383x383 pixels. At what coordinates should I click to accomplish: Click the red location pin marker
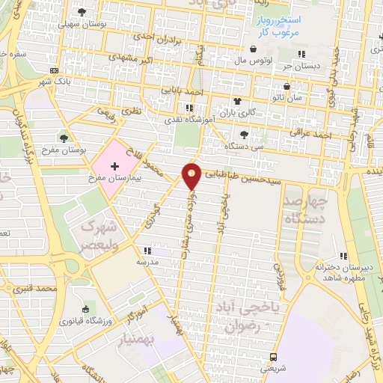pyautogui.click(x=191, y=175)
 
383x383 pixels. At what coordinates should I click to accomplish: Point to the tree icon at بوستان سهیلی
pyautogui.click(x=82, y=11)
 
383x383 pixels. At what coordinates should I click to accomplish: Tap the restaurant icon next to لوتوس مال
pyautogui.click(x=301, y=53)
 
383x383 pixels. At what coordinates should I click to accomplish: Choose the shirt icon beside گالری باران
pyautogui.click(x=238, y=101)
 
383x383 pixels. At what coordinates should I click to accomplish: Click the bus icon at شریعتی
pyautogui.click(x=274, y=356)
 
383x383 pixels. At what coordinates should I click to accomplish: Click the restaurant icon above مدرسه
pyautogui.click(x=147, y=251)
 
